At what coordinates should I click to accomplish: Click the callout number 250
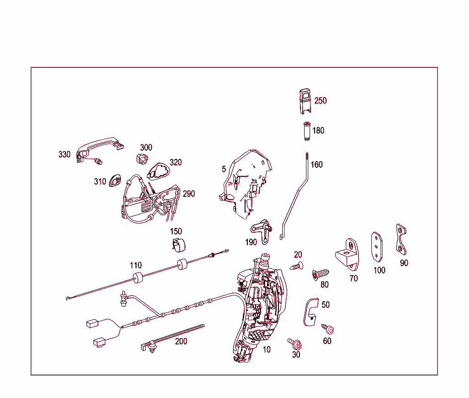point(320,101)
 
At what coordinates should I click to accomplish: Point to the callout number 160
point(316,164)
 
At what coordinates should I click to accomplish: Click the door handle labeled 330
point(98,145)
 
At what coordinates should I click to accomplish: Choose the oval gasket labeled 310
point(114,181)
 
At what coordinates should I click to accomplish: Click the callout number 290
point(189,194)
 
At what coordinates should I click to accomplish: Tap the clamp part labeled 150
point(179,245)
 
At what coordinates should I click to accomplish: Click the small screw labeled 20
point(296,265)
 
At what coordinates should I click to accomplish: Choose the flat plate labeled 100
point(377,246)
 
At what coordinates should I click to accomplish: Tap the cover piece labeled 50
point(310,312)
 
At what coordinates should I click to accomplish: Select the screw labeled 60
point(328,329)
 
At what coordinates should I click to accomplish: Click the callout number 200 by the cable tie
point(181,342)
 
